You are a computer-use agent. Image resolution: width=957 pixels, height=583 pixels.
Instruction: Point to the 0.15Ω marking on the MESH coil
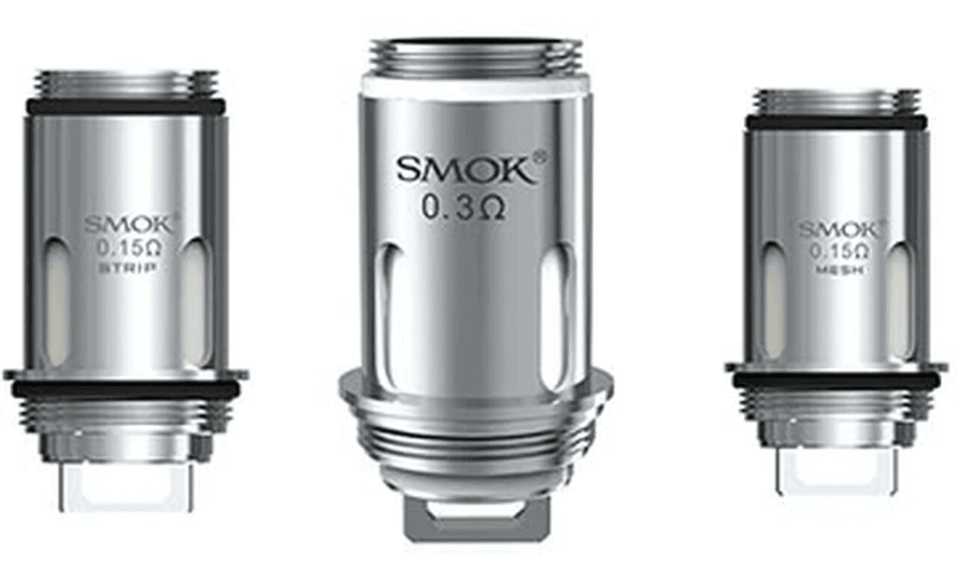pos(837,251)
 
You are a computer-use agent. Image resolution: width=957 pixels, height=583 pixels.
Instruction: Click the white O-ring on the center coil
pos(475,84)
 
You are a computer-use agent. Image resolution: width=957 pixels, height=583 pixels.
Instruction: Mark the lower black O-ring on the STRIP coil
pos(126,388)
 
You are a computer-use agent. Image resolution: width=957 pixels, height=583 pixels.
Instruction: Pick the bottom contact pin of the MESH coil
pos(834,472)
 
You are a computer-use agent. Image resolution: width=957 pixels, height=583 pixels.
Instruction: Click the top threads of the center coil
pos(475,56)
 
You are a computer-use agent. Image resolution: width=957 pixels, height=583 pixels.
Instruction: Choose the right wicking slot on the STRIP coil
pos(195,300)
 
